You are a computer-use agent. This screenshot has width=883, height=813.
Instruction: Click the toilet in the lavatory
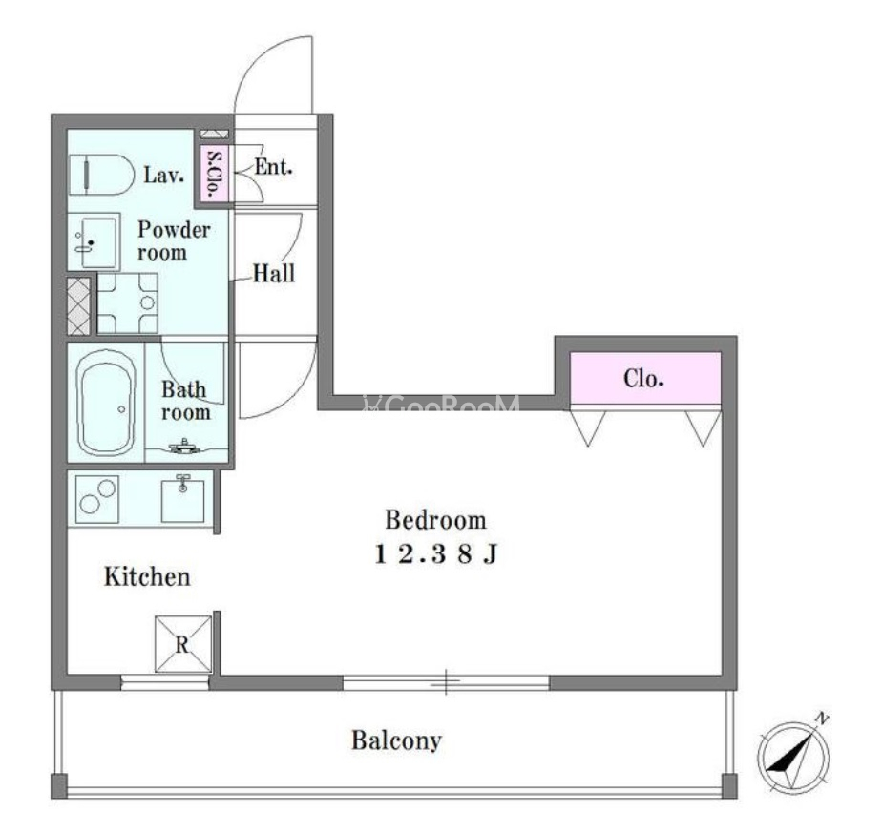101,175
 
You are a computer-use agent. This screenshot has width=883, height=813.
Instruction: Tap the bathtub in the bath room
106,402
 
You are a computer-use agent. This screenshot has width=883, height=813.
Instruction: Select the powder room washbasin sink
95,241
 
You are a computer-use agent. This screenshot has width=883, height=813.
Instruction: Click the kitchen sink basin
182,499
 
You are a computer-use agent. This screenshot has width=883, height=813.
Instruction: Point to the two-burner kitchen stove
96,499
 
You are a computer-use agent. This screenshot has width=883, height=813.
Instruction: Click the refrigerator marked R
183,643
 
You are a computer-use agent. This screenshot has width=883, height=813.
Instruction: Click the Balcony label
396,740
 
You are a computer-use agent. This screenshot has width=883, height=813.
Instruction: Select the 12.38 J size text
436,554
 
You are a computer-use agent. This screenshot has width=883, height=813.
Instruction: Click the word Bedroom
436,520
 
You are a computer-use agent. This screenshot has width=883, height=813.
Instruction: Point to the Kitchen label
147,577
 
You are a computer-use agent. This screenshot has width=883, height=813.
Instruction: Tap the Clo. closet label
643,378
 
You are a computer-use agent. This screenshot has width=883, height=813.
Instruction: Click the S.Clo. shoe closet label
214,175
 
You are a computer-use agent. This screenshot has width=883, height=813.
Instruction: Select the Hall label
274,274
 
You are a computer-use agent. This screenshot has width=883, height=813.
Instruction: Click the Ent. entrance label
274,167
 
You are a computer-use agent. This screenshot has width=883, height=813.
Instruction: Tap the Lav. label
164,175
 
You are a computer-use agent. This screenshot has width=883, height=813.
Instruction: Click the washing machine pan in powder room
128,303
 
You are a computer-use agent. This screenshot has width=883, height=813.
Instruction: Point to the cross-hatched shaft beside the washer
79,306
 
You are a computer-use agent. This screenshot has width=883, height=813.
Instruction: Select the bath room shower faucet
184,447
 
